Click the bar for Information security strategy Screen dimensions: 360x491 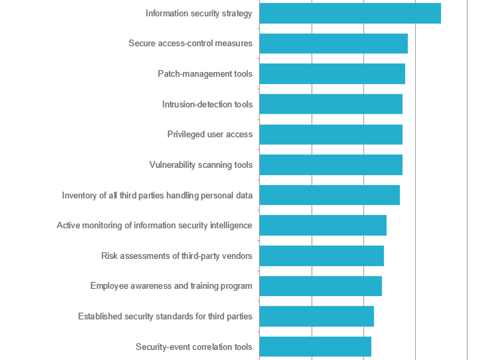coord(350,13)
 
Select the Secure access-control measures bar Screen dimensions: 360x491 coord(333,44)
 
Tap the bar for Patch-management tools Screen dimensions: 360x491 coord(332,74)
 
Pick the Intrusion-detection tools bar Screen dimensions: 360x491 coord(330,104)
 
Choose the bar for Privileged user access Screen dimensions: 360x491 coord(330,135)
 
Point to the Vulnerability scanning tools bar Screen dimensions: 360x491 coord(330,165)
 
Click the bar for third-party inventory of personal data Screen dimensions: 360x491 coord(329,195)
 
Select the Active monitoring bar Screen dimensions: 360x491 coord(322,225)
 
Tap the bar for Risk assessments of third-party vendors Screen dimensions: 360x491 coord(321,256)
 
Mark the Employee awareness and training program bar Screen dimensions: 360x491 coord(320,286)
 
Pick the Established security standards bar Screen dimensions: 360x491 coord(316,316)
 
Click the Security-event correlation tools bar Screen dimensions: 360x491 coord(315,347)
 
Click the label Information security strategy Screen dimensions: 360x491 coord(199,13)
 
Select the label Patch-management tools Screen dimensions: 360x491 coord(205,74)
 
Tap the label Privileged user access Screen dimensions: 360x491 coord(210,135)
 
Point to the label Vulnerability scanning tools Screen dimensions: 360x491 coord(201,165)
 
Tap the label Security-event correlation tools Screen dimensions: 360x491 coord(194,347)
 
